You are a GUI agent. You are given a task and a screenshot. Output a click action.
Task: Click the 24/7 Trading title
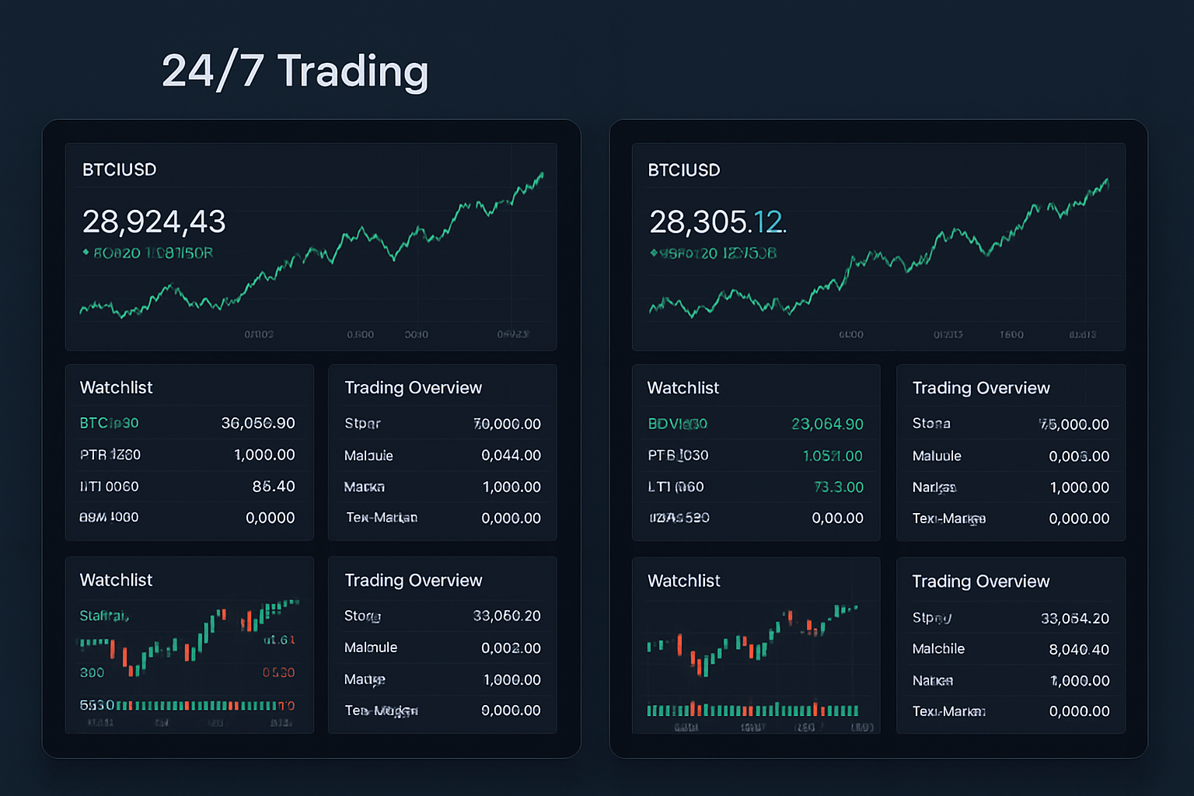[295, 72]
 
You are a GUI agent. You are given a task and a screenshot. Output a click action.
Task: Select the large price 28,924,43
[154, 222]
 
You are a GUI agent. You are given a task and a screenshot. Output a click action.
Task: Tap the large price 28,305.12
[717, 222]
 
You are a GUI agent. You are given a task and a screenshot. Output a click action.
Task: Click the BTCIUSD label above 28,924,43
[119, 170]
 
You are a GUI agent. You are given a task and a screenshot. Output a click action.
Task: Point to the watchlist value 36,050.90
[258, 423]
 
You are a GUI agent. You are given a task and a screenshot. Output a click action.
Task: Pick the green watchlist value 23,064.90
[827, 424]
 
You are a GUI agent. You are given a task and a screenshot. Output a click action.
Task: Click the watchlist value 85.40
[274, 487]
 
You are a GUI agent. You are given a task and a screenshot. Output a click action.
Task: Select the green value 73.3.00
[838, 487]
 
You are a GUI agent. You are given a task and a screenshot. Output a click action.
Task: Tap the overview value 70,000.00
[507, 424]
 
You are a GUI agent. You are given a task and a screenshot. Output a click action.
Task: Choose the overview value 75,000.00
[1074, 424]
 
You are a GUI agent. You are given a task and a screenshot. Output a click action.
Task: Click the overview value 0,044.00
[511, 456]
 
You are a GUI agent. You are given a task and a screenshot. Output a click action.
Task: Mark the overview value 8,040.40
[1079, 650]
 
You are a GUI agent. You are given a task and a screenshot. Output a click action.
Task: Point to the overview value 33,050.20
[507, 616]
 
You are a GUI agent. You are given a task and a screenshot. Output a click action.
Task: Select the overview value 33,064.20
[1075, 619]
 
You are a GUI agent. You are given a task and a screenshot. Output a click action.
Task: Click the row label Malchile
[938, 649]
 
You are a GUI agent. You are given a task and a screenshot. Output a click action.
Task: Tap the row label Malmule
[371, 648]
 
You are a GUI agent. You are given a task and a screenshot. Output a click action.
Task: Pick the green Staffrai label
[104, 616]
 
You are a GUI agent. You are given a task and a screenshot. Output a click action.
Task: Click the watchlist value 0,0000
[270, 518]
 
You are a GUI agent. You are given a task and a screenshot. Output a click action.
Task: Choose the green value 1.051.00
[833, 456]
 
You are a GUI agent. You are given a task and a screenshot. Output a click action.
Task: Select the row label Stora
[931, 424]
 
